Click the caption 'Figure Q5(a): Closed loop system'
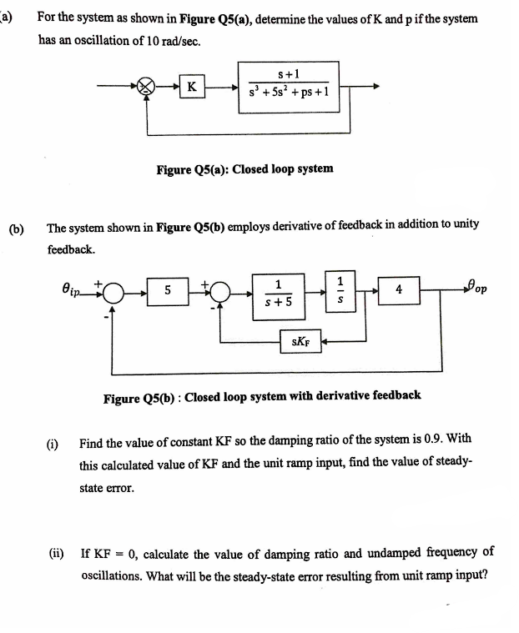[244, 168]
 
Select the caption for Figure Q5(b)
[261, 395]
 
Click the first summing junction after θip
[113, 292]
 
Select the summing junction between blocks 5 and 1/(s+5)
[220, 292]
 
